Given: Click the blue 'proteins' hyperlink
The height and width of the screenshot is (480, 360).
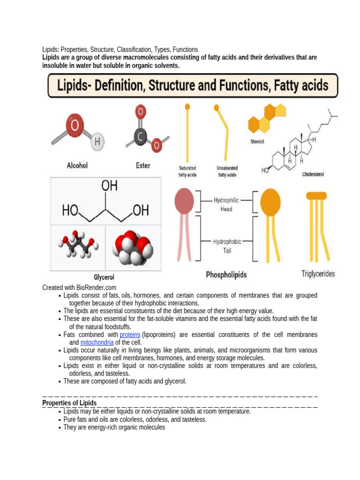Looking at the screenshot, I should click(130, 335).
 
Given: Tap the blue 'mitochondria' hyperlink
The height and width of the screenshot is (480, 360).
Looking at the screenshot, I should click(97, 342).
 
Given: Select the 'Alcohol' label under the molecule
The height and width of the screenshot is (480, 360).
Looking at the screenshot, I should click(77, 165).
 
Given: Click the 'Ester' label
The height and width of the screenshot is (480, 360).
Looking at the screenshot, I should click(143, 165).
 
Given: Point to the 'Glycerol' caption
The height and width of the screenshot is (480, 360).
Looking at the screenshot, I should click(104, 277).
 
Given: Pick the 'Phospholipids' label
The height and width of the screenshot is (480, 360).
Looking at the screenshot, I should click(226, 275).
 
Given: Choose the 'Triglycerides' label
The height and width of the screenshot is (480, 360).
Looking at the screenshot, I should click(318, 274).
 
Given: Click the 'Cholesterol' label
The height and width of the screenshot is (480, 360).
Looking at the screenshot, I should click(313, 174).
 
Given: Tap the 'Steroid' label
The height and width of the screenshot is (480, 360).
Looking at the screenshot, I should click(257, 142).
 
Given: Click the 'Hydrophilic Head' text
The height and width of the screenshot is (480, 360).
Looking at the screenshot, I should click(226, 204).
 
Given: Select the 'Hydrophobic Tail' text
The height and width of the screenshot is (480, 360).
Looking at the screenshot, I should click(227, 246).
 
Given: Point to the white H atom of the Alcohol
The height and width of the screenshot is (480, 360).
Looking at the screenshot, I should click(97, 141).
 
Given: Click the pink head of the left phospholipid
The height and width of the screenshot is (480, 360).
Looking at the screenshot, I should click(184, 201).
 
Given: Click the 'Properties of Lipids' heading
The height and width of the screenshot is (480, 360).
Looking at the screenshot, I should click(69, 403).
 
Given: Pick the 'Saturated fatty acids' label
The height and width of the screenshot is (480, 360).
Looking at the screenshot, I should click(187, 171).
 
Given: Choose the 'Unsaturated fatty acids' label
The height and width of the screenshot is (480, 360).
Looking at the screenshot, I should click(227, 171).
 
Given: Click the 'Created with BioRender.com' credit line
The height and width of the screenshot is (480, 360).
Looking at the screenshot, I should click(79, 287).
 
